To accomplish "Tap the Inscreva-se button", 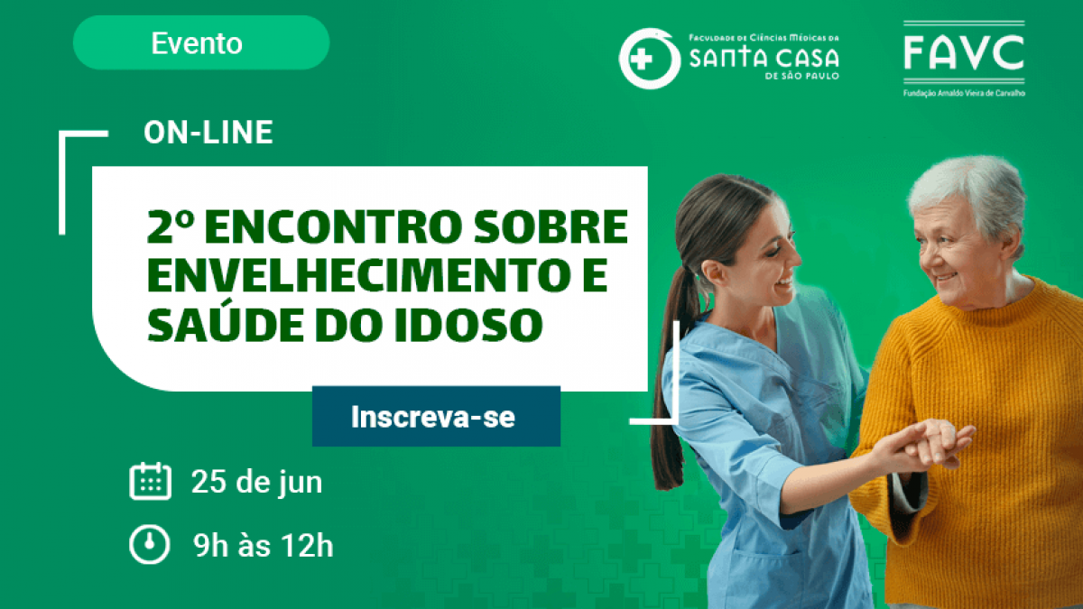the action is point(436,416).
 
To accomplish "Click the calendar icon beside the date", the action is point(151,481).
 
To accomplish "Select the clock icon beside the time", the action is point(150,544).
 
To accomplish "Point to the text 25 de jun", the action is point(256,482).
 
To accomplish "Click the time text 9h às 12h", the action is point(264,545).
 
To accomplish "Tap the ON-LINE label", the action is point(208,132).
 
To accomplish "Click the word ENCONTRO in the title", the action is point(334,226).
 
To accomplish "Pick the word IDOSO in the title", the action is point(469,324).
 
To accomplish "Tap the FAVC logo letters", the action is point(964,52).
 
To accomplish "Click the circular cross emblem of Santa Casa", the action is point(649,59).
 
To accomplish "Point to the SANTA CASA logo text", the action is point(764,58).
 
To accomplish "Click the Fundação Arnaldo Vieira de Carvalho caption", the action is point(964,93).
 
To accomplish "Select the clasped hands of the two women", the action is point(926,442).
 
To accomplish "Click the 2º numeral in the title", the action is point(171,226).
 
